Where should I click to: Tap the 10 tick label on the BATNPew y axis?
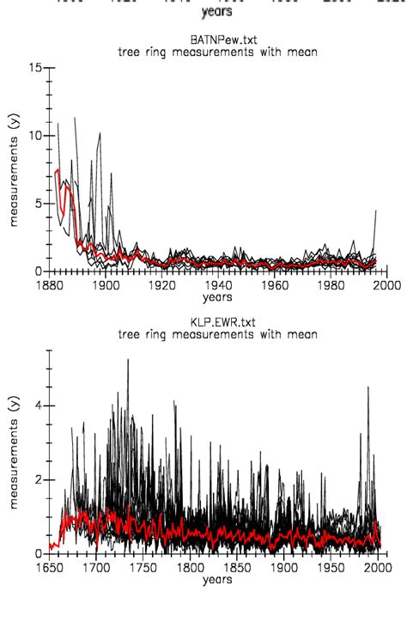pos(36,135)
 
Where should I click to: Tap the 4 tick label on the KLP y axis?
pos(38,406)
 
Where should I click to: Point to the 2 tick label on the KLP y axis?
pos(38,479)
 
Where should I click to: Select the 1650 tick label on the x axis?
pos(50,568)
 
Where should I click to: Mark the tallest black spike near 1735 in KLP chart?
pos(128,361)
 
